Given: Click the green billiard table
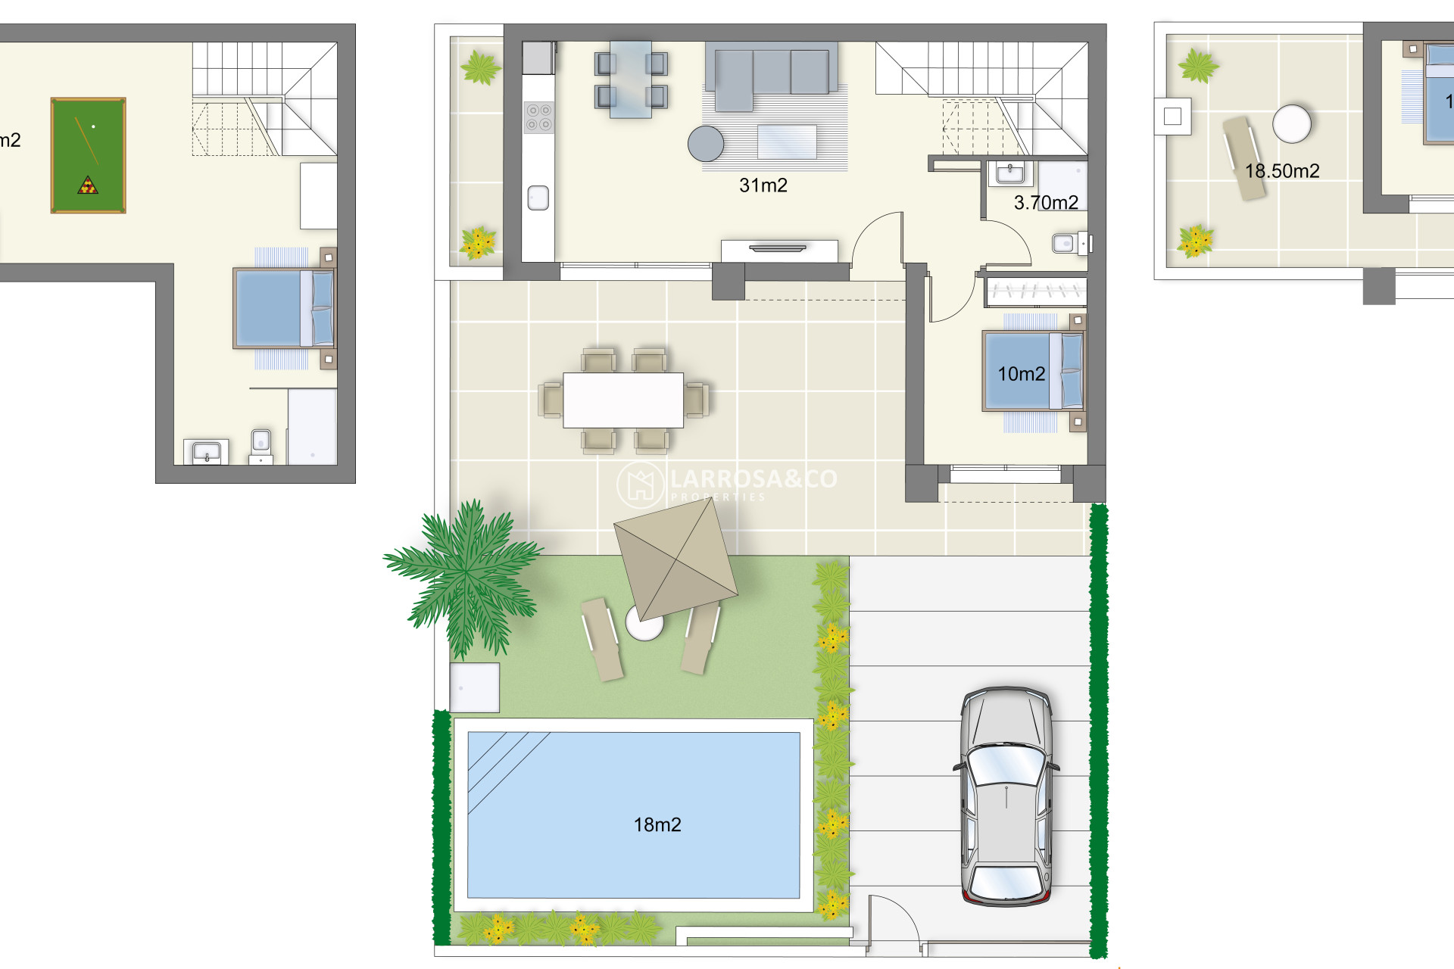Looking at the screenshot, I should [88, 155].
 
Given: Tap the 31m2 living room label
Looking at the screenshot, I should [763, 185].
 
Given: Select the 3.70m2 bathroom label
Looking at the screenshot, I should [1045, 203].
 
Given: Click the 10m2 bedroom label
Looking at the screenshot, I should [1021, 374].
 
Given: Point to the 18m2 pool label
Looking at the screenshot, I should [657, 825].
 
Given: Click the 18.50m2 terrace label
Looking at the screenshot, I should [1282, 171].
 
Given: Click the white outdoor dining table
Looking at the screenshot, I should [623, 400].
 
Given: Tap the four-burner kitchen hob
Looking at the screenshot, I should [538, 117].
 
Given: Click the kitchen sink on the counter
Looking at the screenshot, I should [538, 198].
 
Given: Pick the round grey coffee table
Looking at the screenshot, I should [706, 143].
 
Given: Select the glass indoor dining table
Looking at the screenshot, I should [631, 79].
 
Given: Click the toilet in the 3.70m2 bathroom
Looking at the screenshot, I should [1066, 244].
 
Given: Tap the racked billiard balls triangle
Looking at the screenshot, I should [88, 185].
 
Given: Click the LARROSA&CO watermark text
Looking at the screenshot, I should [754, 478].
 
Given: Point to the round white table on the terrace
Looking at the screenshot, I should [1291, 123].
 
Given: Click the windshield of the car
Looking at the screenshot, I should [1006, 765].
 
